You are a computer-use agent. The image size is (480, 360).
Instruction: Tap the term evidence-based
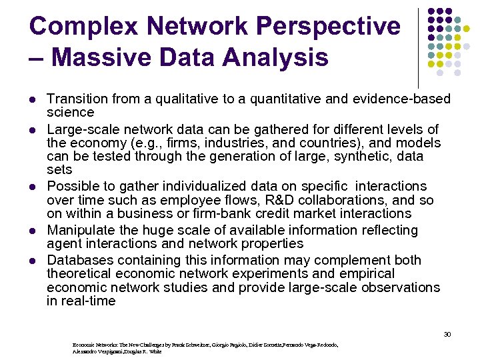[401, 99]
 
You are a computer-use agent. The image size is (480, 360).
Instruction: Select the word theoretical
[79, 273]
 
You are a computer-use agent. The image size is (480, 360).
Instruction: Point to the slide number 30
[447, 334]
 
